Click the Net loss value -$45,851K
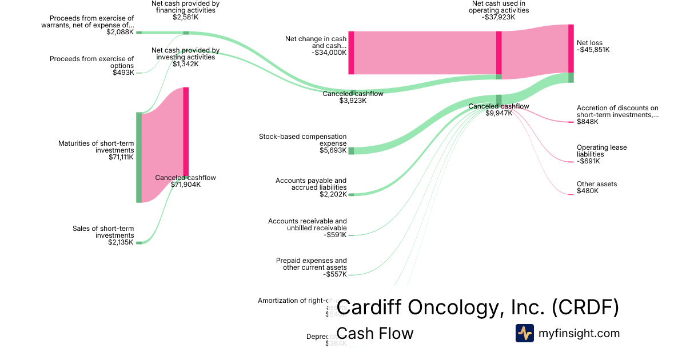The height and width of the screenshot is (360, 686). tap(593, 50)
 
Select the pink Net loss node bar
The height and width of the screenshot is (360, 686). tap(571, 49)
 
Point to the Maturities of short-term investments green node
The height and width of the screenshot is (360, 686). tap(139, 158)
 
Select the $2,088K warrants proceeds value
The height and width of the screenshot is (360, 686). tap(120, 32)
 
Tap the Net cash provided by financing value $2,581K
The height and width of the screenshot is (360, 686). tap(185, 17)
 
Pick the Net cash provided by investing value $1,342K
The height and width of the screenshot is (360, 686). tap(185, 64)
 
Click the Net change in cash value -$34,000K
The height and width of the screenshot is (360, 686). tap(329, 53)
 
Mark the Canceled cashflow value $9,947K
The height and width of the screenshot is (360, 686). tap(498, 113)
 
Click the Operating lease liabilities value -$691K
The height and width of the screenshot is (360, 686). tap(588, 161)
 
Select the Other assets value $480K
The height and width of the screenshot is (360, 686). tap(588, 191)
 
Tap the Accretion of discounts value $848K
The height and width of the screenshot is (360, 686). tap(588, 122)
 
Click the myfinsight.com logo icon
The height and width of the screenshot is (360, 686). tap(524, 333)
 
